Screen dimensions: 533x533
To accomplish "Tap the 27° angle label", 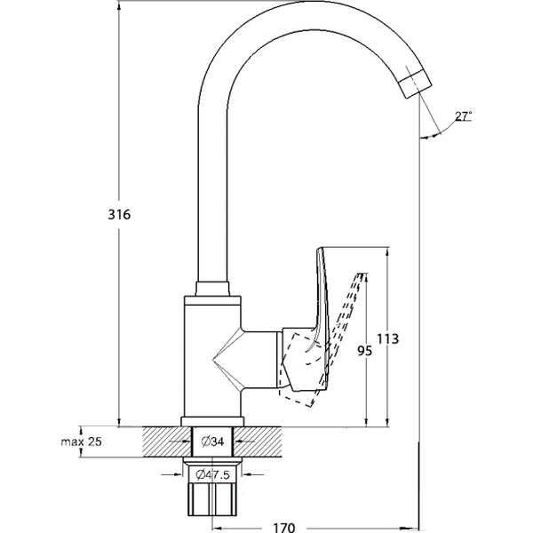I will tap(462, 115).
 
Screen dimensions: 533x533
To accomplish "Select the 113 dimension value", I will tap(387, 338).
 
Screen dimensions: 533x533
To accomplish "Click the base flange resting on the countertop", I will tap(211, 422).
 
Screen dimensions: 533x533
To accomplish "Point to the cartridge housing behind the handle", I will tap(293, 360).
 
